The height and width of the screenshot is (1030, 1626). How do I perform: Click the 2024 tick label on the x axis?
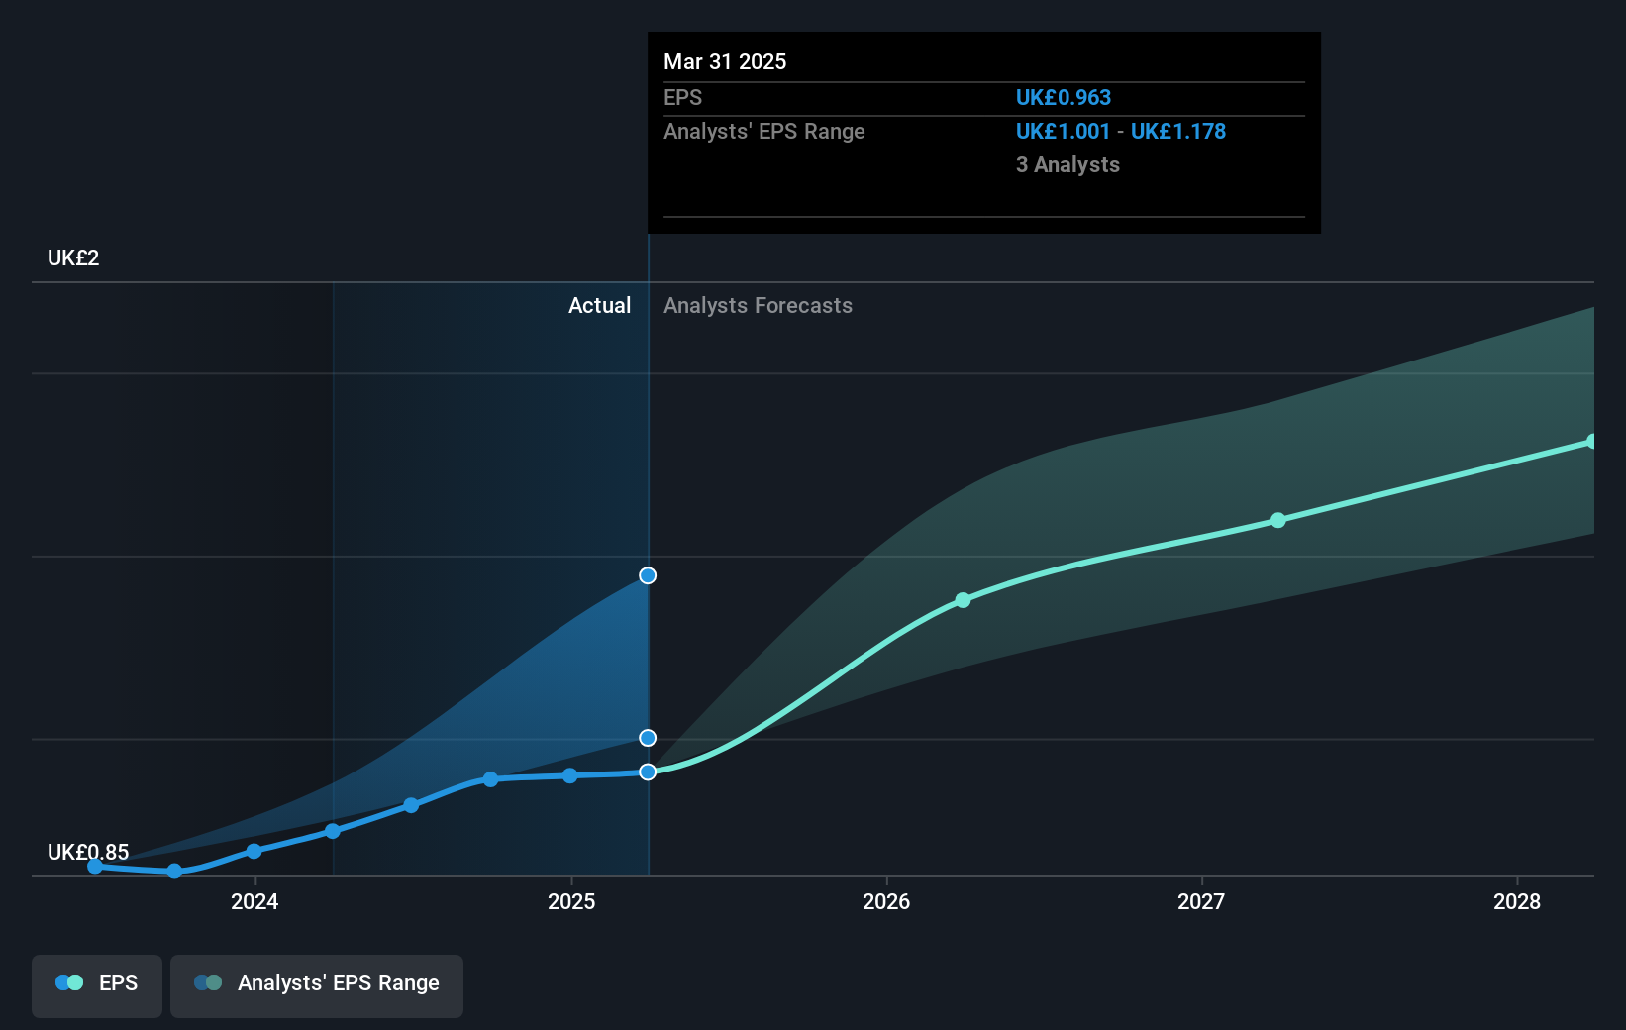(x=254, y=901)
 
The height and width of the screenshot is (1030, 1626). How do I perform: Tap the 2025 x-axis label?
(x=571, y=901)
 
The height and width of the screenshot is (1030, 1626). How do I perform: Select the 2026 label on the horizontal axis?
(x=886, y=901)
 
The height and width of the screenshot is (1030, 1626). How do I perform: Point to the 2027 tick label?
(x=1201, y=901)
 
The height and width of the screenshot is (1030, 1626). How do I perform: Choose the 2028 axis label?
(x=1517, y=901)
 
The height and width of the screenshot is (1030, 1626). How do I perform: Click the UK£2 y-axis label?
(x=73, y=258)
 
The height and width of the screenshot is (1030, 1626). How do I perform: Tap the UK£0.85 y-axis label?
(x=88, y=852)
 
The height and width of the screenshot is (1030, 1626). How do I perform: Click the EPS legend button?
(x=97, y=983)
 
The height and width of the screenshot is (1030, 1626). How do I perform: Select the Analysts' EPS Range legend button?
(x=317, y=983)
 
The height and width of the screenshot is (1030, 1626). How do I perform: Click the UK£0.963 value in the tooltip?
(x=1063, y=98)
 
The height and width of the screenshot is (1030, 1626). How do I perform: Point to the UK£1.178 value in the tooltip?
(x=1177, y=132)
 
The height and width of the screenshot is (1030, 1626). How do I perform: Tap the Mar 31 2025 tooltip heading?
(x=725, y=62)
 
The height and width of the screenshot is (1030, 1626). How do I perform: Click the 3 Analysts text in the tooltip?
(x=1067, y=165)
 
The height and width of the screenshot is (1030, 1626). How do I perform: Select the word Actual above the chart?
(x=599, y=306)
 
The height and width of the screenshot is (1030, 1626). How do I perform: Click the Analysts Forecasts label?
(x=758, y=306)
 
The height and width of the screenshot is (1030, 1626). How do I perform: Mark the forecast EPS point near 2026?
(x=963, y=600)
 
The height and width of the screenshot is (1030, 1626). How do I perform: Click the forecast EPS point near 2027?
(x=1278, y=520)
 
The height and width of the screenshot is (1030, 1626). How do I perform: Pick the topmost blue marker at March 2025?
(x=648, y=575)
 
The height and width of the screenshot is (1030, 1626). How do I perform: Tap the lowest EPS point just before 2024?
(x=174, y=872)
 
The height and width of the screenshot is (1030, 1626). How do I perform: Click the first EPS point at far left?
(x=95, y=867)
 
